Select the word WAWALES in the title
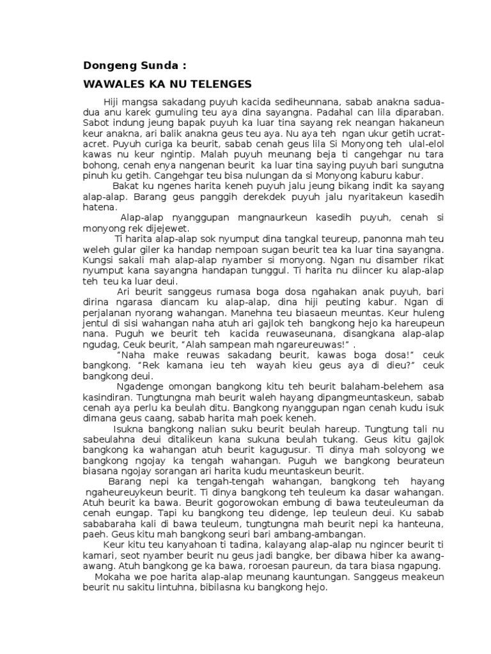click(113, 84)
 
